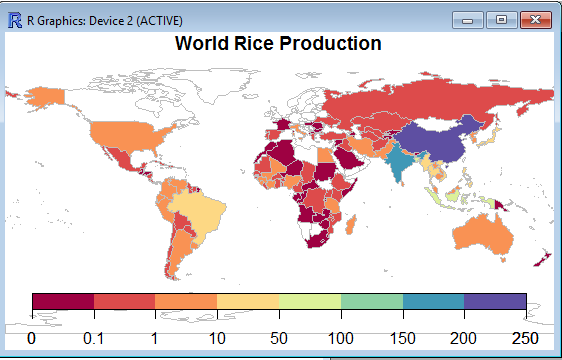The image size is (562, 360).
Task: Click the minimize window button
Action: tap(468, 20)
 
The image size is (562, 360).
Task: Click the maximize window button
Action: tap(501, 20)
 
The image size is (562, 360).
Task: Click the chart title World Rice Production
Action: tap(278, 44)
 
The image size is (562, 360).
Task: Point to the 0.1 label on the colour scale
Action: tap(93, 338)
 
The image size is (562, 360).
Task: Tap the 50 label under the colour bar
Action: tap(279, 338)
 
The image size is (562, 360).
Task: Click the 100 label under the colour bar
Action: tap(341, 338)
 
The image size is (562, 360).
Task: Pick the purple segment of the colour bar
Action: tap(495, 301)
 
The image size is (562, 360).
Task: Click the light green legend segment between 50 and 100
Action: tap(310, 301)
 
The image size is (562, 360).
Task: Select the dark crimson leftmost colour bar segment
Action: tap(62, 301)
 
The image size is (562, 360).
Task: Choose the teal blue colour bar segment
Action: tap(433, 301)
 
